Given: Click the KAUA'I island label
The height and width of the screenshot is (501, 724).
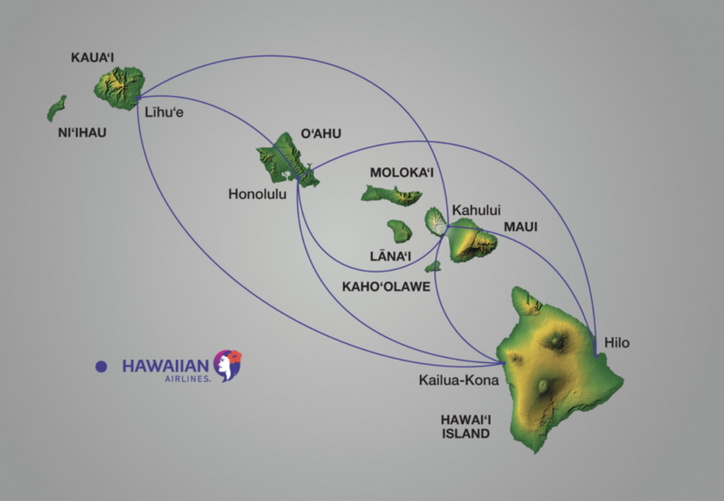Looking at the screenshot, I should [93, 58].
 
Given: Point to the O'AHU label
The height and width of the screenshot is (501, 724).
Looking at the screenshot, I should [320, 134].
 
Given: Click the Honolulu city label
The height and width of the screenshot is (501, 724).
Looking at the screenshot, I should [258, 194].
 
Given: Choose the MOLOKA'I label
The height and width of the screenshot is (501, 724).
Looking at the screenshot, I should [402, 173].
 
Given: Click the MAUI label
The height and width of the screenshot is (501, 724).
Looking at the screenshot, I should [520, 227].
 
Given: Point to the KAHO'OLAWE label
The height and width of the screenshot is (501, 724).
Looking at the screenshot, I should [386, 287].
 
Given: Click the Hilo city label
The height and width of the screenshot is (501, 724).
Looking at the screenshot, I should [617, 343].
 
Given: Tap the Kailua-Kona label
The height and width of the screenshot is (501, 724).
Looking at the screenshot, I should [459, 380].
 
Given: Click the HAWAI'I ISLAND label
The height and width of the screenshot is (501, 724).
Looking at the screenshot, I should [466, 427].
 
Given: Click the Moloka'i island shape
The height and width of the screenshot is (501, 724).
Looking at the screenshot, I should [391, 195].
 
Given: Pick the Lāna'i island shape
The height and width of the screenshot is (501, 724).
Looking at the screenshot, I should [399, 231].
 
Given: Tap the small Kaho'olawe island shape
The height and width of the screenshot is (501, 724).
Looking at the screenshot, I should [433, 266].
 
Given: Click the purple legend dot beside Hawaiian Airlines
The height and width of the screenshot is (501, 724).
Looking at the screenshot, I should [101, 367].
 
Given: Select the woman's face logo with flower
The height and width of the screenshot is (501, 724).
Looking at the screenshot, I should [228, 365].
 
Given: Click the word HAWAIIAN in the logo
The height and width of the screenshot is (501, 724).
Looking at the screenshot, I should [166, 365].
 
